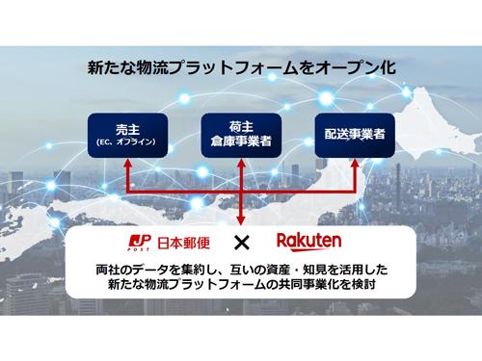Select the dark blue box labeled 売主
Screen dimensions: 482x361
coord(127,136)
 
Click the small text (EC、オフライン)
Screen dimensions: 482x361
coord(127,145)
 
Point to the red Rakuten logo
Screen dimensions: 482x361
coord(310,240)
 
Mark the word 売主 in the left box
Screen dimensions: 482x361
coord(127,130)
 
